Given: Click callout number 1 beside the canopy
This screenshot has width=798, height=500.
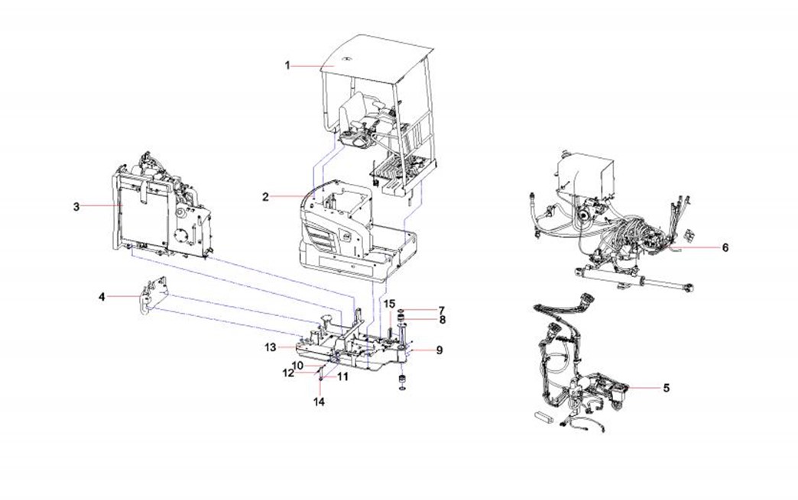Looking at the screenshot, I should click(x=288, y=66).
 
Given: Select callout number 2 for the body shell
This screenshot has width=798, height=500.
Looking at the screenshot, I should click(x=265, y=197).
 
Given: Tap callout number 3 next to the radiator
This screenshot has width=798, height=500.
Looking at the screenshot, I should click(x=76, y=206).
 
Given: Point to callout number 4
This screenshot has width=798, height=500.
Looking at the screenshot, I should click(x=102, y=297).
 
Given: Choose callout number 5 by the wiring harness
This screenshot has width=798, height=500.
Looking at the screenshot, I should click(x=666, y=388).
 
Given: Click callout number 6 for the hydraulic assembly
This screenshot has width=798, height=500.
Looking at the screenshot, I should click(x=725, y=247).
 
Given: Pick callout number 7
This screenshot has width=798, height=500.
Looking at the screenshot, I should click(x=441, y=310).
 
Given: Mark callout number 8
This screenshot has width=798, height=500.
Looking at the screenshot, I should click(x=441, y=321).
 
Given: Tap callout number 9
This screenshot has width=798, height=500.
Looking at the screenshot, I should click(x=440, y=350).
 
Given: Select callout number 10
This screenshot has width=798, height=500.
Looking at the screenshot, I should click(x=298, y=366).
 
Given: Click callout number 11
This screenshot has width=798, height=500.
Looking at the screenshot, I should click(x=342, y=376).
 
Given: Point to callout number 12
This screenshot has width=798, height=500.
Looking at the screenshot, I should click(x=287, y=373).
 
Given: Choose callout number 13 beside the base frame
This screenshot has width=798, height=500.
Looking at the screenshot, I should click(x=270, y=347).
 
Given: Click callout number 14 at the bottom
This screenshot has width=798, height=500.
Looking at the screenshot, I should click(x=320, y=402).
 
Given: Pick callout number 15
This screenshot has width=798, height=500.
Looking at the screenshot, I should click(x=389, y=304).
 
